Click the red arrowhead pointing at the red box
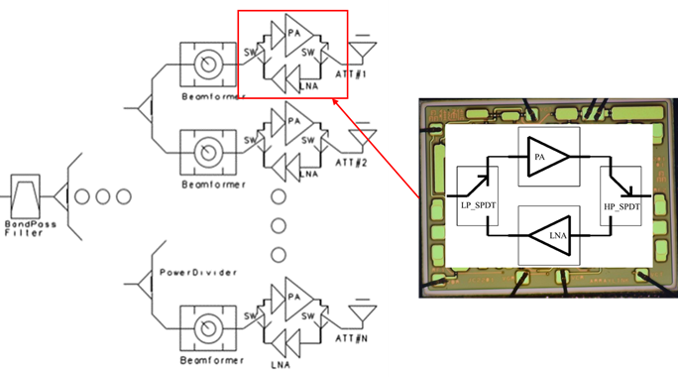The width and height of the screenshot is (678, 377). pos(336,100)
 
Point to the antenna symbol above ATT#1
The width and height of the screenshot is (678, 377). pos(364,46)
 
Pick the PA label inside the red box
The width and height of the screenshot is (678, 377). pos(291,31)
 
